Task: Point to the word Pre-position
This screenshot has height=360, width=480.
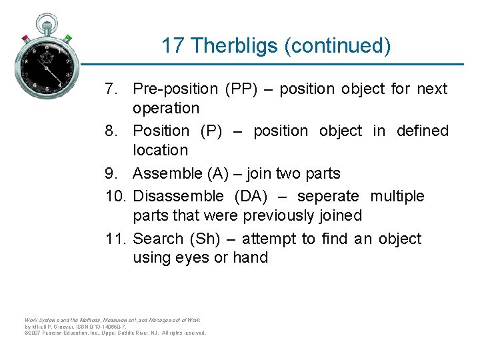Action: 175,89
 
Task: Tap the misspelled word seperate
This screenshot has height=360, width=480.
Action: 328,196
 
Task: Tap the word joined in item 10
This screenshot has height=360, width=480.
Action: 340,215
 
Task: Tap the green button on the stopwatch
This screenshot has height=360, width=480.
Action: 67,37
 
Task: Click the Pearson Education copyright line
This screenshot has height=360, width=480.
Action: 115,333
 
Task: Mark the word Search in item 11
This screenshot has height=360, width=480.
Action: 158,239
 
